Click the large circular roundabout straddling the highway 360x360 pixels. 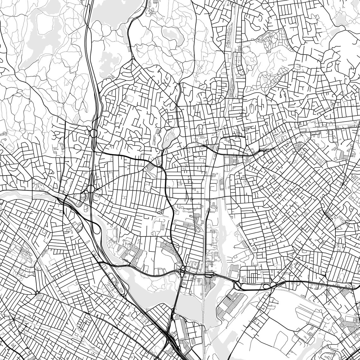click(94, 133)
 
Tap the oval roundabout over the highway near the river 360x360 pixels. click(91, 189)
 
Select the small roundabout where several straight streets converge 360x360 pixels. click(37, 292)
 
